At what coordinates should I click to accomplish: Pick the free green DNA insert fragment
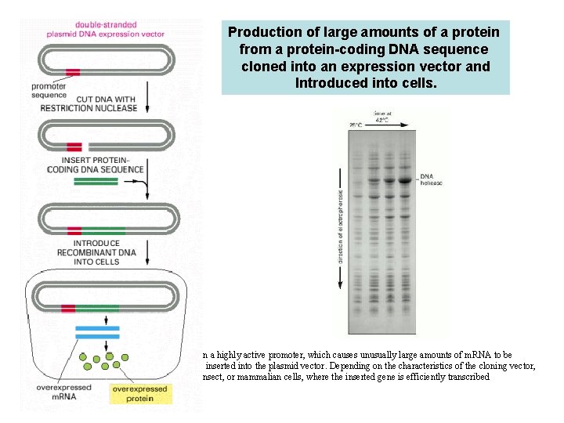(98, 182)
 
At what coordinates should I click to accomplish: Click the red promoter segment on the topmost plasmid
(73, 73)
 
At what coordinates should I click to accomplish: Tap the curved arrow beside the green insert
(142, 187)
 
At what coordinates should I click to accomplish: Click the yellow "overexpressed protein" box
(143, 393)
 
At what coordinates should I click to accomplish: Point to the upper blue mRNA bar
(97, 327)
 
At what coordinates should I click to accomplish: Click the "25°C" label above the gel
(356, 125)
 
